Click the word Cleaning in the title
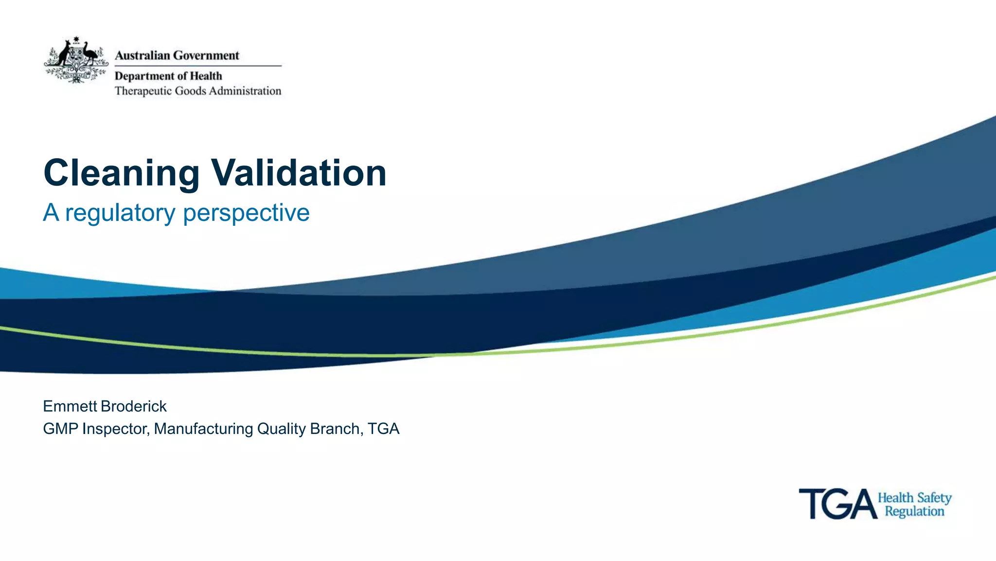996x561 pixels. [122, 174]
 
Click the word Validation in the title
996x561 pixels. [299, 173]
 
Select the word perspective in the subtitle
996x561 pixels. [246, 213]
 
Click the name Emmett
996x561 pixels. [70, 406]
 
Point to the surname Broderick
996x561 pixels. [134, 406]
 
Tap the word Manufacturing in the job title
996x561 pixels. [204, 429]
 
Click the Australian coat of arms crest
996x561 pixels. [76, 60]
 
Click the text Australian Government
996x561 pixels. [177, 55]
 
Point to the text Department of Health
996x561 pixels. [168, 76]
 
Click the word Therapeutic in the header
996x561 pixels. [143, 91]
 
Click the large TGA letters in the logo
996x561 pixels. [837, 505]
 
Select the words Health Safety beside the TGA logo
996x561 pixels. [914, 498]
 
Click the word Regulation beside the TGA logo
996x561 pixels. [914, 511]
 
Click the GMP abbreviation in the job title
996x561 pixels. [60, 429]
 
